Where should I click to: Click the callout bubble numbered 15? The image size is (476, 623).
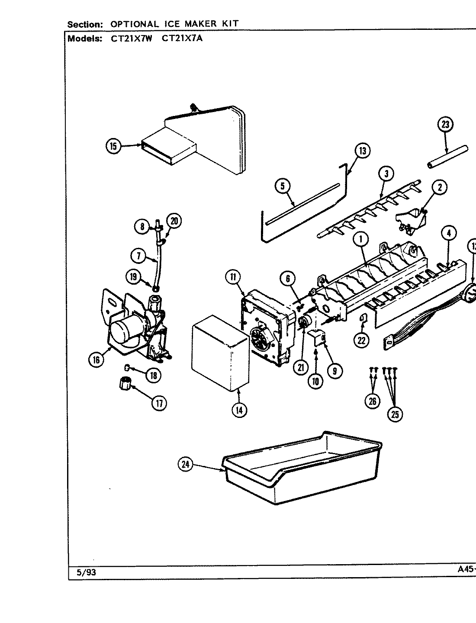coord(113,146)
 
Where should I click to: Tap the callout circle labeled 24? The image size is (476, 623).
coord(185,465)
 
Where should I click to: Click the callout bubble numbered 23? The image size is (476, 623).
coord(445,125)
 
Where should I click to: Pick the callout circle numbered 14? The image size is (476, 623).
coord(238,409)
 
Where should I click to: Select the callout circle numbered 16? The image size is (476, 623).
coord(96,359)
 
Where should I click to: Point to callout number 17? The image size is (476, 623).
coord(159,403)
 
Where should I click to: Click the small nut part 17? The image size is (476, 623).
coord(125,383)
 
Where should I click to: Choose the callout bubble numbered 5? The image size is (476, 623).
coord(282,186)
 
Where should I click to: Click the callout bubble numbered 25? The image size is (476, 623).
coord(395,414)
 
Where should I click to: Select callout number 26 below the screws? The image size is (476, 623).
coord(372,401)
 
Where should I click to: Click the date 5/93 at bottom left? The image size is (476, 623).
coord(86,572)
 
